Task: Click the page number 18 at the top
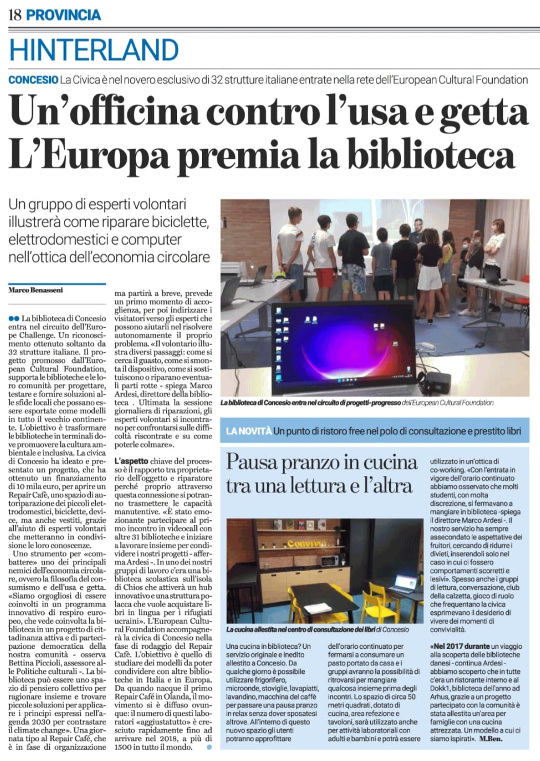tap(15, 14)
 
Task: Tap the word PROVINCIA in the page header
tap(63, 14)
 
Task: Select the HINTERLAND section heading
tap(94, 50)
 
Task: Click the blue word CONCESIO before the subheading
tap(33, 80)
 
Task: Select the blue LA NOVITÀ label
tap(248, 431)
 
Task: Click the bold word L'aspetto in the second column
tap(131, 461)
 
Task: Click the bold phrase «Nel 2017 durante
tap(460, 646)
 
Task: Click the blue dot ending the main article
tap(209, 748)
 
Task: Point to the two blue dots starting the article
tap(13, 318)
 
